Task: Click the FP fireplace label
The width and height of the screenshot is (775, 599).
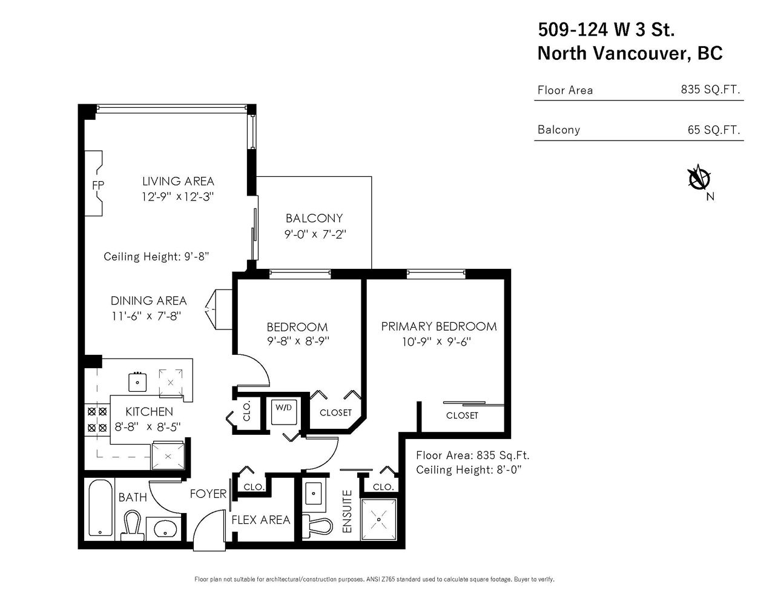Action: click(98, 185)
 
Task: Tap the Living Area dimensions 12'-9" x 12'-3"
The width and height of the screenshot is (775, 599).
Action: click(177, 197)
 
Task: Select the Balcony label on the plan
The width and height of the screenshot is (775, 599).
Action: click(314, 218)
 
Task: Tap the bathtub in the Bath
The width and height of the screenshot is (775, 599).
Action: click(101, 508)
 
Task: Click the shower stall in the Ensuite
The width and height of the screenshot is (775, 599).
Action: click(378, 520)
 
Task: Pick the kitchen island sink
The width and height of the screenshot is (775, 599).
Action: click(137, 382)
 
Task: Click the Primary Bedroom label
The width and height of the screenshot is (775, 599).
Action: click(439, 326)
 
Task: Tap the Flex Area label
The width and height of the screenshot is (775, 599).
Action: click(261, 520)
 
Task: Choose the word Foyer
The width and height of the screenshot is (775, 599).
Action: click(208, 494)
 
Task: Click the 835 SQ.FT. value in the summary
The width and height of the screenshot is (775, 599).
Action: click(710, 89)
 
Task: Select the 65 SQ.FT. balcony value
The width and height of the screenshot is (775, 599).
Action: click(714, 130)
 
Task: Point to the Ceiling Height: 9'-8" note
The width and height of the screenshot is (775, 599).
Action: click(156, 257)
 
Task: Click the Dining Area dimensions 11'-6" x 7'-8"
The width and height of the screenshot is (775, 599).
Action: click(147, 316)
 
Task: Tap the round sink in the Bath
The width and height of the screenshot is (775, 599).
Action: click(165, 528)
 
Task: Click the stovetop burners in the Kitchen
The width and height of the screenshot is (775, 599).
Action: click(97, 420)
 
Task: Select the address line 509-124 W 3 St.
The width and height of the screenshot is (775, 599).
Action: click(606, 29)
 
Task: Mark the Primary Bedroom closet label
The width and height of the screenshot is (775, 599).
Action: click(462, 415)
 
